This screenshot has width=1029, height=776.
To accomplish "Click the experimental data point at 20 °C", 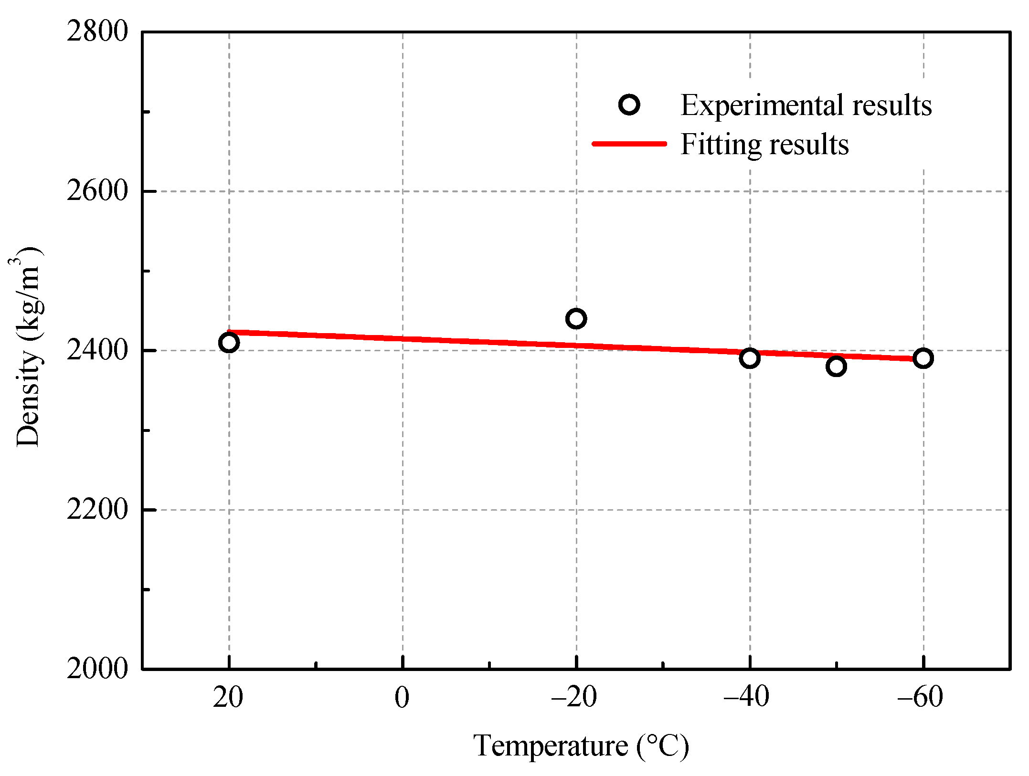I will [x=229, y=343].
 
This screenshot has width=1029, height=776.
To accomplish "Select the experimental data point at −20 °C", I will [x=576, y=318].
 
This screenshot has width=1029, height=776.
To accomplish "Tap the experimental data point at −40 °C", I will [x=750, y=358].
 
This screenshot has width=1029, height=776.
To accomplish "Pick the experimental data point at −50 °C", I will [x=836, y=367].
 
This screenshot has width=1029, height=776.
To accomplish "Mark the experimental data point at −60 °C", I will [x=923, y=358].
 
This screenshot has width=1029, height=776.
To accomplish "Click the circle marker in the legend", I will [x=629, y=105].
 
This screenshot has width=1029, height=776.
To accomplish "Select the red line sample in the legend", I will [x=629, y=144].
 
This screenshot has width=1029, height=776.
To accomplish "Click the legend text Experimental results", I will [x=806, y=105].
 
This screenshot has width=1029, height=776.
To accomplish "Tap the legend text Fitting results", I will [x=764, y=144].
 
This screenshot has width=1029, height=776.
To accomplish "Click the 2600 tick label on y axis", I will [x=97, y=191].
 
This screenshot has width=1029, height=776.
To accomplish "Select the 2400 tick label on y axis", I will [x=97, y=350].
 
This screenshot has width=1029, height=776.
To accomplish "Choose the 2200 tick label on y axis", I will [x=97, y=509].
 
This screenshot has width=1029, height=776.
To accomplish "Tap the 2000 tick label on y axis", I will [x=97, y=668].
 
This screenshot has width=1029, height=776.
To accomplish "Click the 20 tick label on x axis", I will [x=228, y=697].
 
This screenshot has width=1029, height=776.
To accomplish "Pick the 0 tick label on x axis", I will [x=402, y=697].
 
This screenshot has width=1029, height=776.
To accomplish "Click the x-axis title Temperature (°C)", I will [x=581, y=746].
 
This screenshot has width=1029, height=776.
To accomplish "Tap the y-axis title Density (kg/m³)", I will [x=27, y=347].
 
